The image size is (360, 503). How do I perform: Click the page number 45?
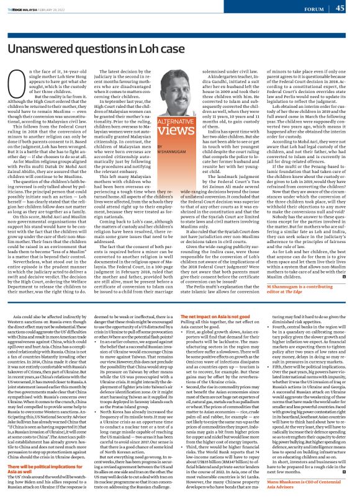[340, 8]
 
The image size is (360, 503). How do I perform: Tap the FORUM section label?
[314, 9]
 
